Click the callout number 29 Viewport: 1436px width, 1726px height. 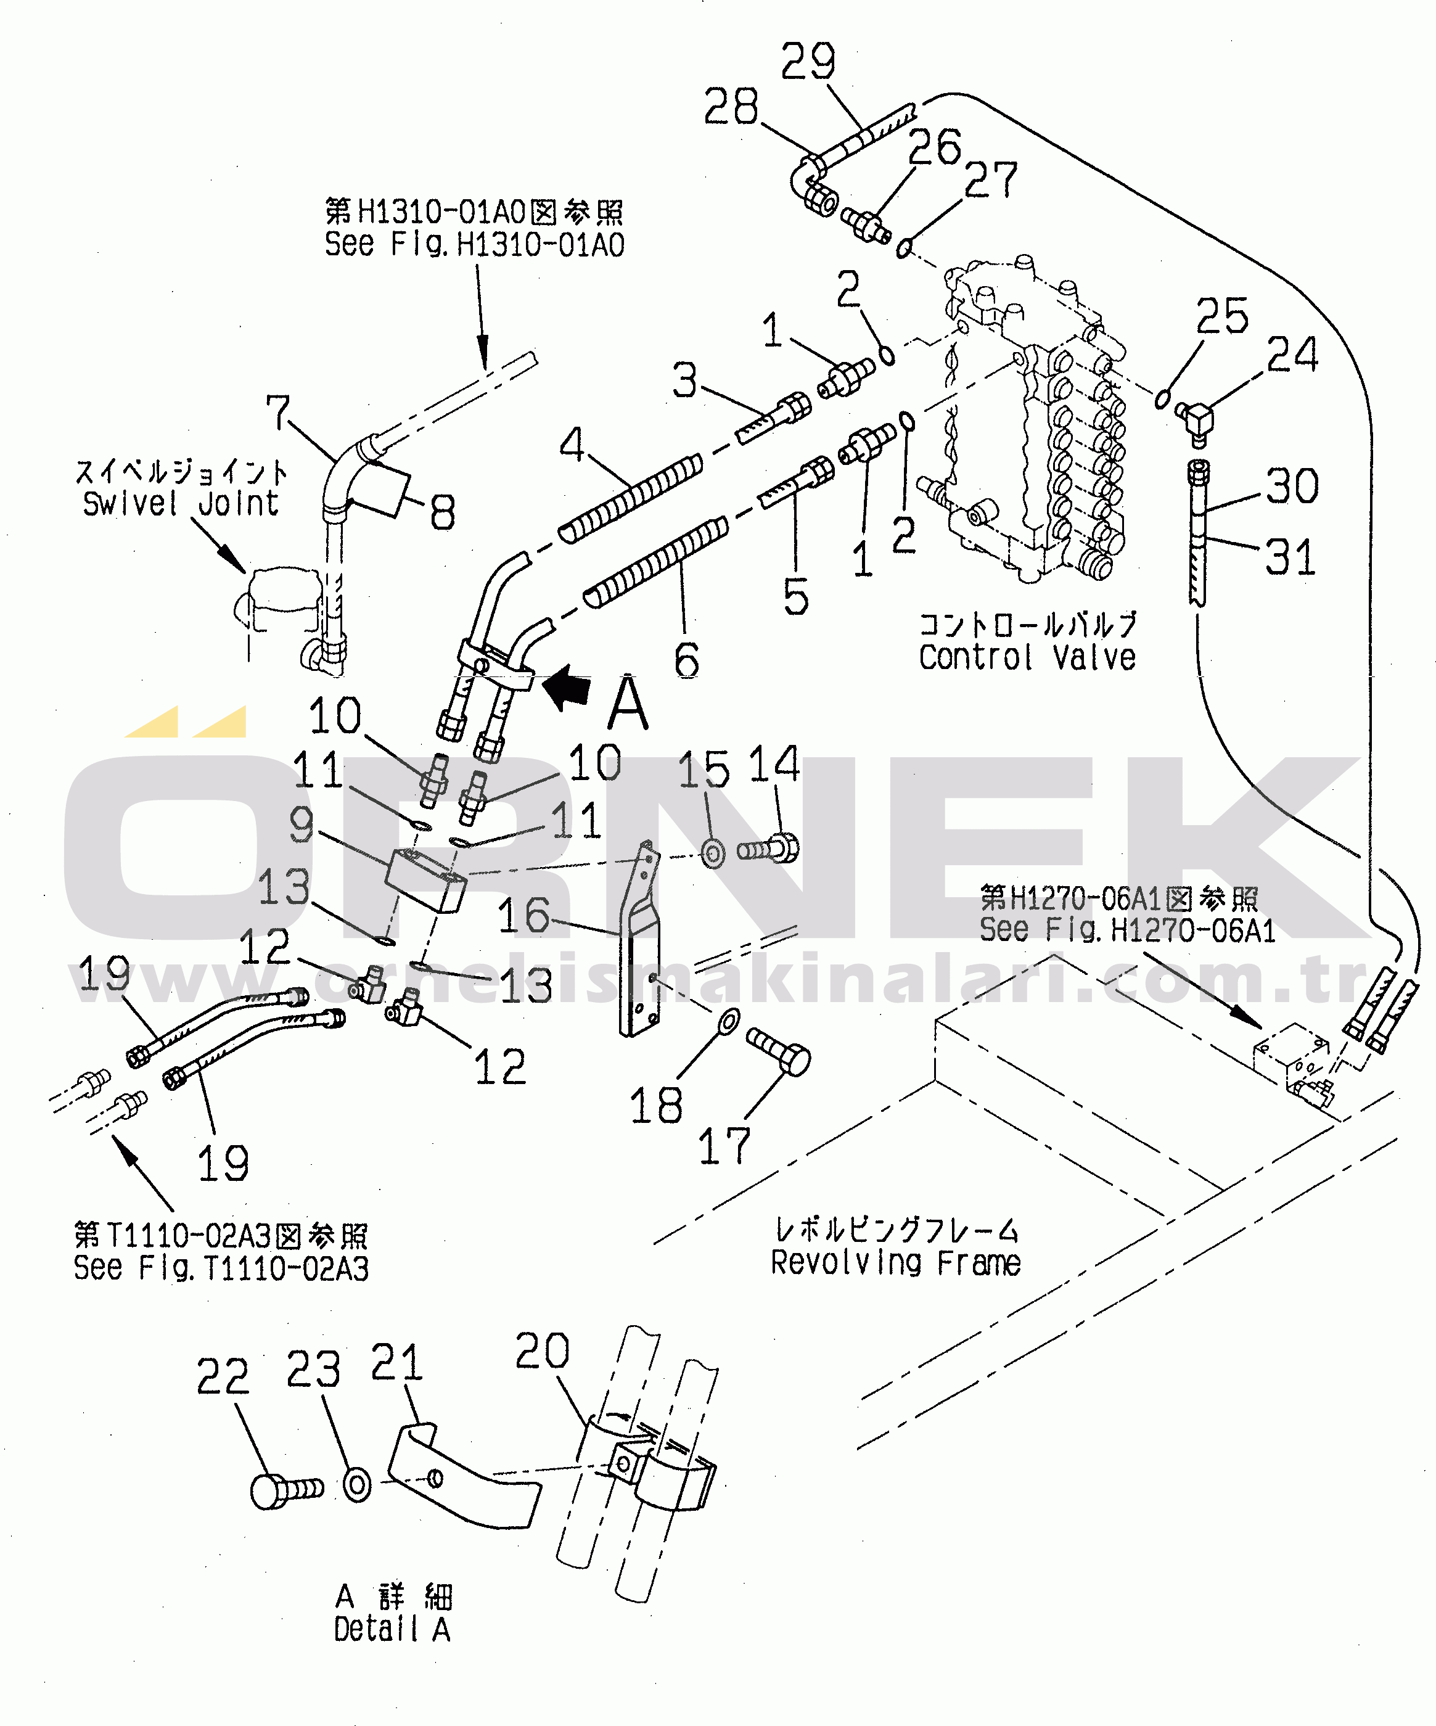coord(807,62)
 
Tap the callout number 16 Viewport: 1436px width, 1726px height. coord(523,914)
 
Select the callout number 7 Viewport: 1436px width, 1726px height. coord(278,413)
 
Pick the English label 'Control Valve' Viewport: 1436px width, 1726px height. coord(1027,657)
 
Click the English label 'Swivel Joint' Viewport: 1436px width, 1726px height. coord(181,503)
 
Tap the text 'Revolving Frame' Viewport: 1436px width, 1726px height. coord(895,1262)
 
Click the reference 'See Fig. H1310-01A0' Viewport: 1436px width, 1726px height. coord(474,244)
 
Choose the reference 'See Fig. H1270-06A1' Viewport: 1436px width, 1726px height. coord(1127,929)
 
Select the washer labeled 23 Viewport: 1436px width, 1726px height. coord(358,1486)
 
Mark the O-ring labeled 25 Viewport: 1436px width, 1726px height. coord(1162,398)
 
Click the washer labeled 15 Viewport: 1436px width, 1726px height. coord(713,853)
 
